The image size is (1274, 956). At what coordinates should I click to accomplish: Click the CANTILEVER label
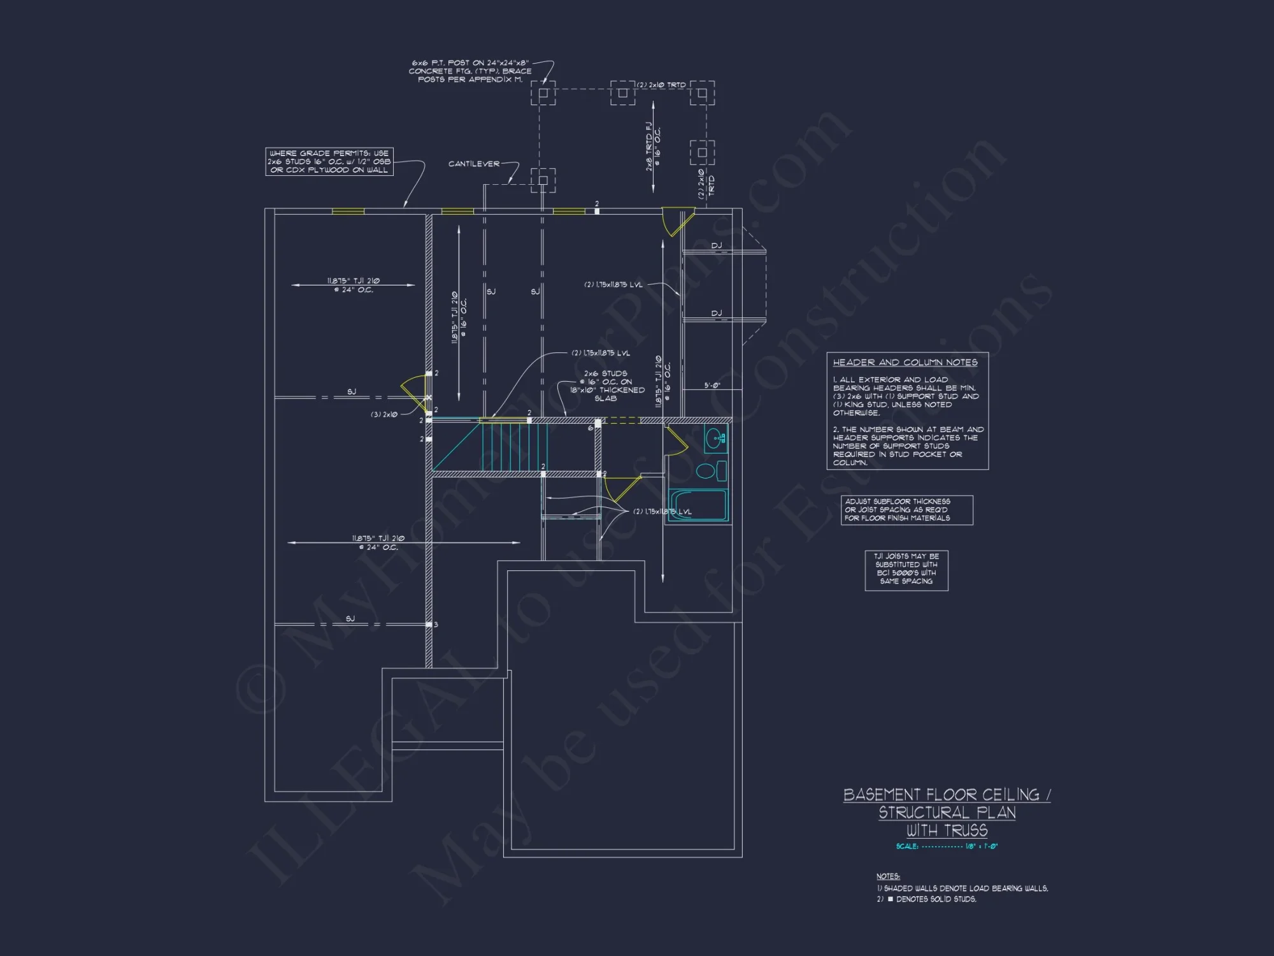(473, 164)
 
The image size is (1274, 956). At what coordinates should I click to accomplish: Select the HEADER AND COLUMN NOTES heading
(905, 362)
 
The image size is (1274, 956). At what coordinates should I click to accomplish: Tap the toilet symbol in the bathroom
(710, 471)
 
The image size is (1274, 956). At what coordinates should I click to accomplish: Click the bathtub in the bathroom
(698, 505)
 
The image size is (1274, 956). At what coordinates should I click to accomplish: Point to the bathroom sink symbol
(715, 438)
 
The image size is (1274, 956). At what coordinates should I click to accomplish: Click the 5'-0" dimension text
(712, 386)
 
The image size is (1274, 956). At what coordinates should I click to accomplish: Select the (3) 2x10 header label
(384, 414)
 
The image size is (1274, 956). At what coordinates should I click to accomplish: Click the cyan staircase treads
(513, 446)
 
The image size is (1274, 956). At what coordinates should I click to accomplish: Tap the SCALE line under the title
(947, 846)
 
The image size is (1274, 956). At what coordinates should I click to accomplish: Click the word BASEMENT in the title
(882, 795)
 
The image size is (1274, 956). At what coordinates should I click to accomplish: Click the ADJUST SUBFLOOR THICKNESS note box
(906, 510)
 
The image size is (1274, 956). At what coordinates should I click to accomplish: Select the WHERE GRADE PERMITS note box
(329, 161)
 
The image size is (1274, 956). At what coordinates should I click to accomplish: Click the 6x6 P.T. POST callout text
(470, 71)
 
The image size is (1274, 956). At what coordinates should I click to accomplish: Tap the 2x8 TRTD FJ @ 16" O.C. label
(653, 147)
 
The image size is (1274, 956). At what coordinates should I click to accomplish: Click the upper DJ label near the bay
(716, 245)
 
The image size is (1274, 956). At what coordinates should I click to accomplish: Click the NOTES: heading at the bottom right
(888, 876)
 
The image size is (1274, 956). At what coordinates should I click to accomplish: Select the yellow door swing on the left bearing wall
(414, 389)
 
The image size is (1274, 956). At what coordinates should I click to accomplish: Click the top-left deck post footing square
(543, 93)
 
